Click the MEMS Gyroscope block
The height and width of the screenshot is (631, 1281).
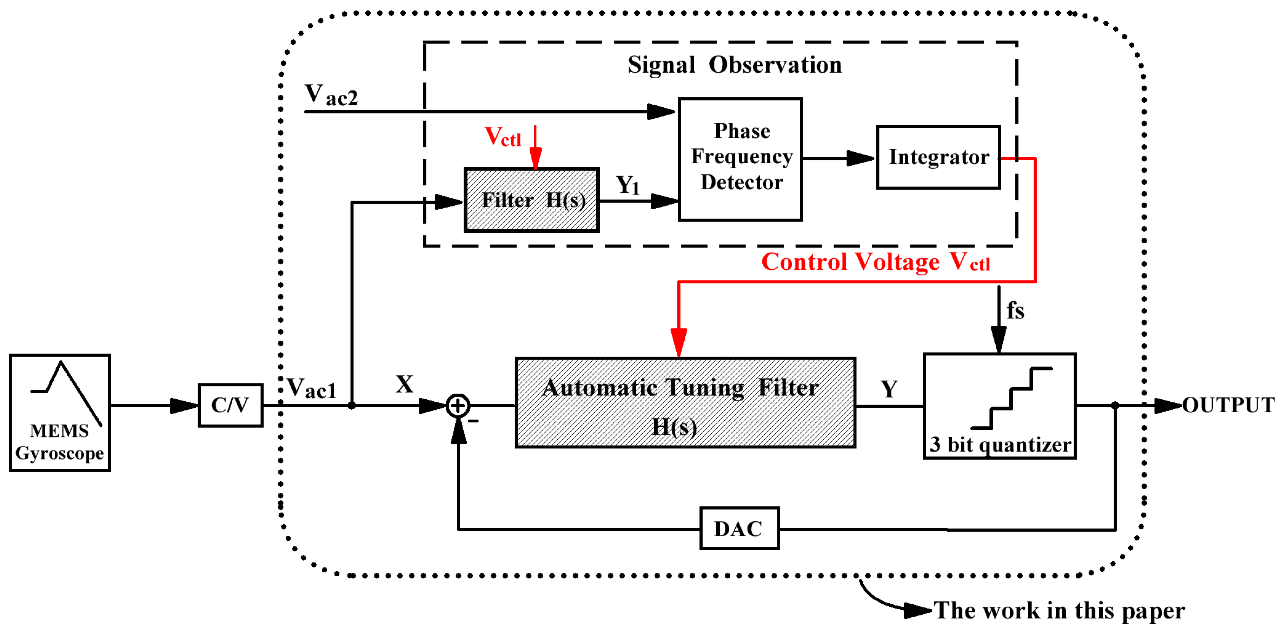click(60, 413)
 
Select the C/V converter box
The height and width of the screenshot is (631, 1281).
click(230, 405)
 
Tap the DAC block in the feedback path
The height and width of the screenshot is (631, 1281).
click(739, 528)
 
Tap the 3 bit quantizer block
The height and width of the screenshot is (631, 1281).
click(1000, 406)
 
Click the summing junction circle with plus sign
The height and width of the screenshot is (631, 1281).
click(458, 406)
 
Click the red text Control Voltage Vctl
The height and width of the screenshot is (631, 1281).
click(875, 262)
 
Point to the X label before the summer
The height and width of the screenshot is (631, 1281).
click(404, 384)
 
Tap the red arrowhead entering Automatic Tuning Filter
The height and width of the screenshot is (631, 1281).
click(679, 342)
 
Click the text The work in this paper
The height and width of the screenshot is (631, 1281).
click(1059, 610)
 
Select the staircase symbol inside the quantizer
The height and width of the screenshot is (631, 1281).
click(1011, 398)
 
